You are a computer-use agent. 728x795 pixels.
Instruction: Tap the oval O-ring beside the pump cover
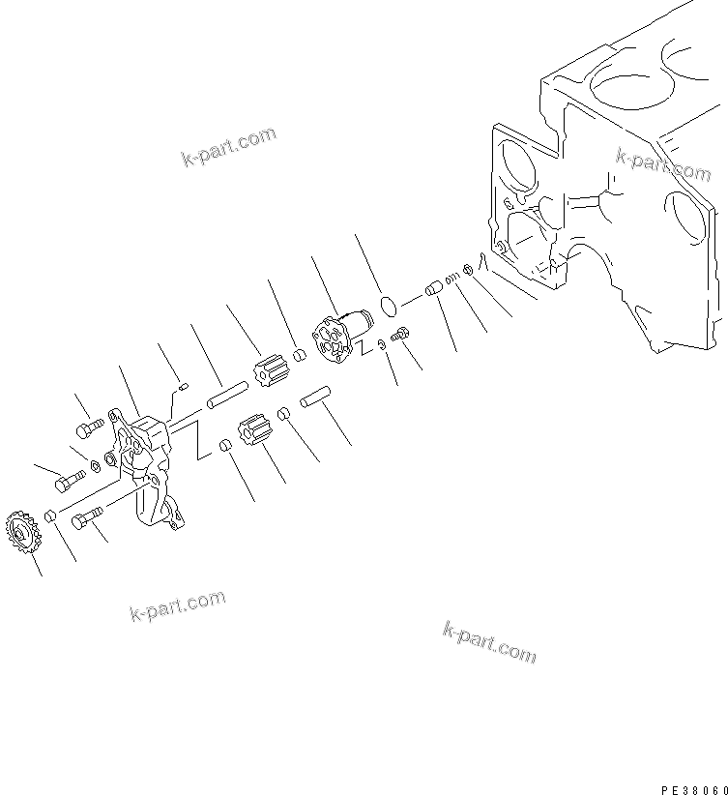[389, 307]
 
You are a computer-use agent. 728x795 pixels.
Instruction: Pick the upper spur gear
[264, 372]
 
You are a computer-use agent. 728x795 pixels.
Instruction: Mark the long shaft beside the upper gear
[225, 393]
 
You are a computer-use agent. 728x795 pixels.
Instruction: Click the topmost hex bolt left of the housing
[88, 427]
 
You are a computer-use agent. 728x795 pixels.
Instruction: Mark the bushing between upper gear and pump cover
[300, 355]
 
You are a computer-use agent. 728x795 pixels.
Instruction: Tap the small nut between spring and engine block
[468, 270]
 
